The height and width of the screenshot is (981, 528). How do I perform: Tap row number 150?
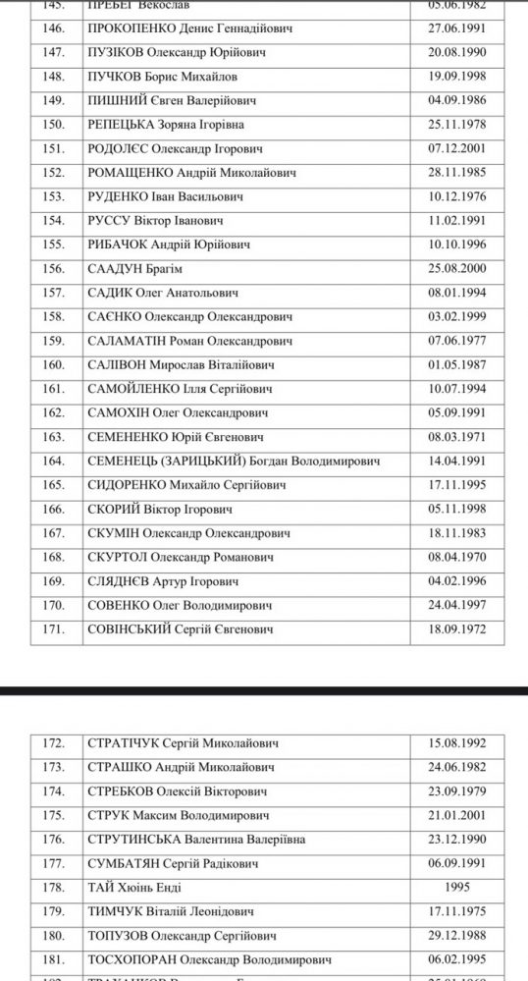coord(55,124)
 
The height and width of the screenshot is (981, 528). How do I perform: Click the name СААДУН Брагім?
coord(136,269)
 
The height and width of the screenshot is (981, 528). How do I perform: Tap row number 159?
coord(55,341)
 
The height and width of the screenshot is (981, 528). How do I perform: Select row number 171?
coord(55,629)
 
